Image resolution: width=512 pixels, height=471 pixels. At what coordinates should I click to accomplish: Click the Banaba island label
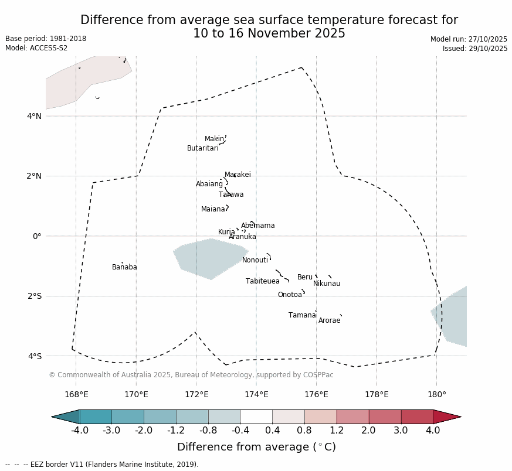click(x=124, y=267)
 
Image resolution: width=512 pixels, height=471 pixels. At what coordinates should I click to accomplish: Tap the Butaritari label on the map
click(x=202, y=148)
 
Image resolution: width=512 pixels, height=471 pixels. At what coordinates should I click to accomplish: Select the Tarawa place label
click(x=231, y=194)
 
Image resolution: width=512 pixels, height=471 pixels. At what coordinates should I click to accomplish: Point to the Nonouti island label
click(x=255, y=260)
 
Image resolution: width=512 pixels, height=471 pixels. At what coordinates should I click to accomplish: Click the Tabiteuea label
click(x=262, y=281)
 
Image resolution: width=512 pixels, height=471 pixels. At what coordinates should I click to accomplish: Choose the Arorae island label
click(x=329, y=320)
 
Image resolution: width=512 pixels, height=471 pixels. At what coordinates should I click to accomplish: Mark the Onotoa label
click(x=290, y=295)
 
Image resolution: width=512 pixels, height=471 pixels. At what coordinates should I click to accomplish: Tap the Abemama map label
click(x=257, y=226)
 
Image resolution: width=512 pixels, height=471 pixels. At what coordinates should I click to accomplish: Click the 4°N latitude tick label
click(x=34, y=116)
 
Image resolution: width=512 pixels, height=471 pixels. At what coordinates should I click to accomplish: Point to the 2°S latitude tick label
click(x=34, y=296)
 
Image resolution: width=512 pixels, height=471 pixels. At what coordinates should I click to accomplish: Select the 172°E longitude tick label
click(x=196, y=394)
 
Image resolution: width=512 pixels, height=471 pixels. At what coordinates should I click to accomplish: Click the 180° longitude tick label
click(x=436, y=394)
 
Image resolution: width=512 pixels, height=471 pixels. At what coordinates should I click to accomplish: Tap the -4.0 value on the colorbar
click(x=80, y=431)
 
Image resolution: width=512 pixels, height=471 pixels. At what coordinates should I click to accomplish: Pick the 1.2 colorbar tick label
click(x=337, y=431)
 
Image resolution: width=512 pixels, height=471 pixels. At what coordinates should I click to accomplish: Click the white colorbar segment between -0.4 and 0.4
click(x=256, y=417)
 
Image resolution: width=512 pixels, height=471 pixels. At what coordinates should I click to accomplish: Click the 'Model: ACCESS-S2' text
click(x=36, y=48)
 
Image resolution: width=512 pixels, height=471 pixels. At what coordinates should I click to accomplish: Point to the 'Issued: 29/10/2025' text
click(x=475, y=49)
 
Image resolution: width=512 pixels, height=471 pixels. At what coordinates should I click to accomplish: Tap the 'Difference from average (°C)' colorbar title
click(x=256, y=447)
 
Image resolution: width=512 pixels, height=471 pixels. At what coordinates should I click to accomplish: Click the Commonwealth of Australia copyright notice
click(x=191, y=375)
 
